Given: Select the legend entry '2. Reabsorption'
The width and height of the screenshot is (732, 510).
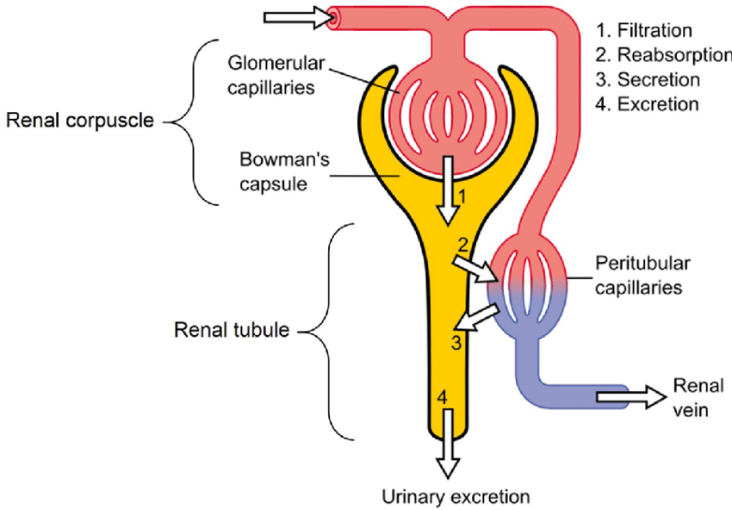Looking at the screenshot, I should [662, 55].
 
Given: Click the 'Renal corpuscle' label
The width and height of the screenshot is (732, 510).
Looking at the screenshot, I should [79, 121].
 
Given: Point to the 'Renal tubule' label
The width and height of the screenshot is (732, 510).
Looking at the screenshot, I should [232, 330].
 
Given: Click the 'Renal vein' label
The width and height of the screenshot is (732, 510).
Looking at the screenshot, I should [693, 396].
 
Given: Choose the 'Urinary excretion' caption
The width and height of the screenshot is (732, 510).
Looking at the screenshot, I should [456, 496].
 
